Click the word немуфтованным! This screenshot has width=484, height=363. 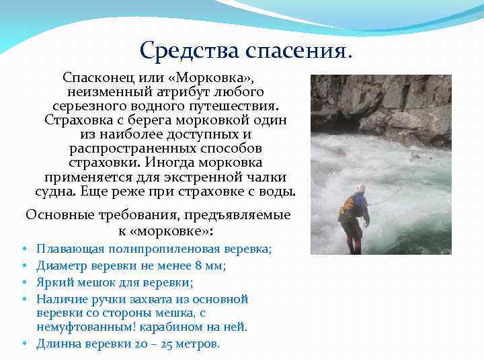tap(83, 327)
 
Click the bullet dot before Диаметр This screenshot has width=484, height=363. tap(24, 266)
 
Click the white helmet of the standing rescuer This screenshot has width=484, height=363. tap(360, 188)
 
